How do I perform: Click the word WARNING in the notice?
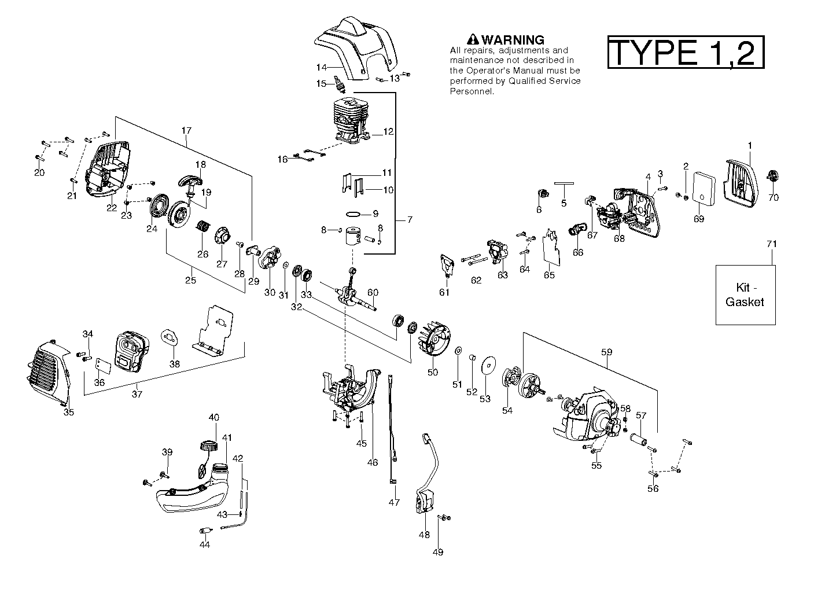coord(513,40)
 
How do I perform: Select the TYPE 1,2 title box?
coord(686,53)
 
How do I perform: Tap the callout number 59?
coord(606,352)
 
